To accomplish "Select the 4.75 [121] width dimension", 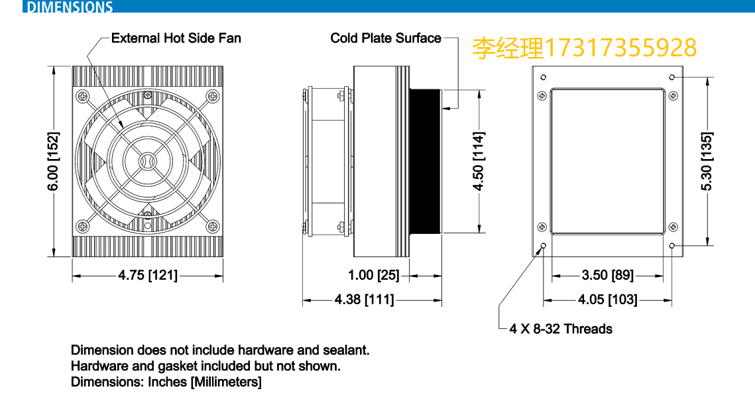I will pyautogui.click(x=148, y=275).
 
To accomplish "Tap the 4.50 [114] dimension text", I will pyautogui.click(x=479, y=161).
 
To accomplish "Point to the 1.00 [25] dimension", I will pyautogui.click(x=374, y=275).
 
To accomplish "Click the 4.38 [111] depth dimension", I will pyautogui.click(x=364, y=300).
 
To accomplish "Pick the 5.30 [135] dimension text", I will pyautogui.click(x=707, y=161).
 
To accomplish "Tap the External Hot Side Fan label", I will pyautogui.click(x=176, y=38).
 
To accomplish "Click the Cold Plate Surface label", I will pyautogui.click(x=386, y=38).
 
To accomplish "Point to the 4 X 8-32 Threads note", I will pyautogui.click(x=561, y=329).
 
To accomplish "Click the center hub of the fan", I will pyautogui.click(x=146, y=161).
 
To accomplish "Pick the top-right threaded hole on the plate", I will pyautogui.click(x=672, y=78).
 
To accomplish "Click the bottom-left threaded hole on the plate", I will pyautogui.click(x=544, y=247).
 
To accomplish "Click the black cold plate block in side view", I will pyautogui.click(x=425, y=161).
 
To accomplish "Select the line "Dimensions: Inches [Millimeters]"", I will pyautogui.click(x=166, y=382).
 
